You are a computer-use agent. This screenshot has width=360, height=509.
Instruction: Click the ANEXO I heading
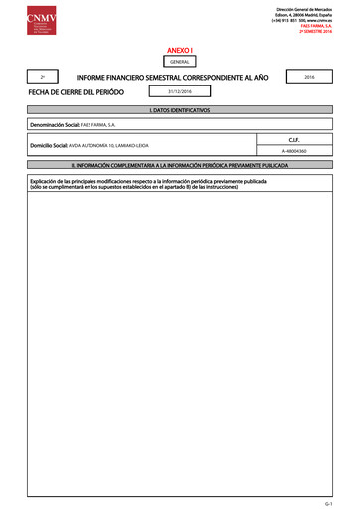(x=180, y=49)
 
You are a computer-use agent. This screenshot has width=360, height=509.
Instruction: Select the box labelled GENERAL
(x=180, y=61)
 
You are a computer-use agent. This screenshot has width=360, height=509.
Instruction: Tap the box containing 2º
(x=42, y=77)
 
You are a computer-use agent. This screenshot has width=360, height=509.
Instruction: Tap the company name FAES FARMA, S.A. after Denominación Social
(x=98, y=126)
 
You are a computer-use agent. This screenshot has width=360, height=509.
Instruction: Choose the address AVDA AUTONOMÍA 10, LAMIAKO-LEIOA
(x=108, y=146)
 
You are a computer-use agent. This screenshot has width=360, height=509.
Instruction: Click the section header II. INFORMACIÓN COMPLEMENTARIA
(x=180, y=163)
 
